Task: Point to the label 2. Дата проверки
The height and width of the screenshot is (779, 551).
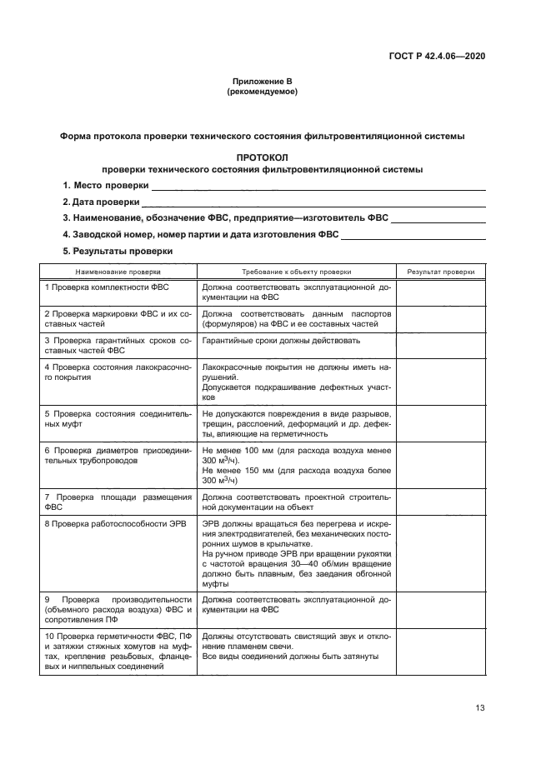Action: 100,202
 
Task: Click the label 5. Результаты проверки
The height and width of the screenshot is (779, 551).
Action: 118,251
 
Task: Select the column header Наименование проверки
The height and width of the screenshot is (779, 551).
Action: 118,272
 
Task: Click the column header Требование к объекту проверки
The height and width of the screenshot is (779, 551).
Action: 296,272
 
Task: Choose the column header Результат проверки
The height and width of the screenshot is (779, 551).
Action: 440,272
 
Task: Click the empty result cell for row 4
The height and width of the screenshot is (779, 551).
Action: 440,382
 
